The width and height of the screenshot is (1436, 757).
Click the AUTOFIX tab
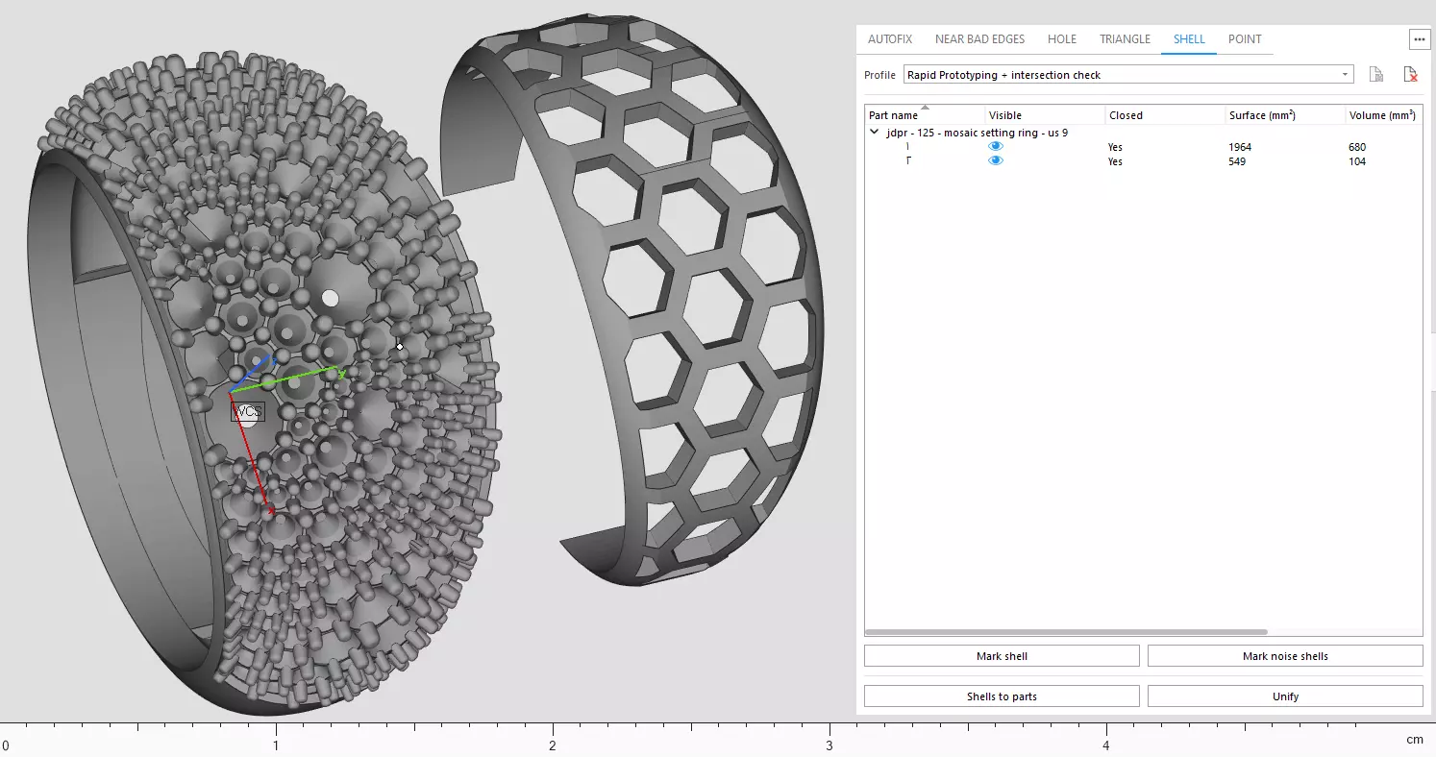pyautogui.click(x=889, y=39)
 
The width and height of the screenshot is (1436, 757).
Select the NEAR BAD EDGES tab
pyautogui.click(x=979, y=39)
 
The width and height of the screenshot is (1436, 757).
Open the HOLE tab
pyautogui.click(x=1061, y=39)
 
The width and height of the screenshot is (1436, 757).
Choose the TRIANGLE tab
pyautogui.click(x=1125, y=39)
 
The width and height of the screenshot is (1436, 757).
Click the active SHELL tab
pyautogui.click(x=1189, y=39)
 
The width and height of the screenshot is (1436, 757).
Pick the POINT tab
pyautogui.click(x=1245, y=39)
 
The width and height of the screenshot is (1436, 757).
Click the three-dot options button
pyautogui.click(x=1419, y=39)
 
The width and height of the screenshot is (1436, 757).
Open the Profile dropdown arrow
pyautogui.click(x=1345, y=75)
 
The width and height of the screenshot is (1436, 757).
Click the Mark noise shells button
pyautogui.click(x=1285, y=656)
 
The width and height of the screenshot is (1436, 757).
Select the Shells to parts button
pyautogui.click(x=1002, y=696)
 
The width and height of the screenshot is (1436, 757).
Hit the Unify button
pyautogui.click(x=1285, y=696)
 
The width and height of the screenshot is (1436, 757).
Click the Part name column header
pyautogui.click(x=893, y=115)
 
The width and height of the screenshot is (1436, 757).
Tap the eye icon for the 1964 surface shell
pyautogui.click(x=996, y=147)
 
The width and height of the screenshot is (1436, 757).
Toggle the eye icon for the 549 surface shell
pyautogui.click(x=996, y=161)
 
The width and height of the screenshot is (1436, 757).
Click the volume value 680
pyautogui.click(x=1357, y=147)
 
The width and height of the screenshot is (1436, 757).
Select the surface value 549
pyautogui.click(x=1237, y=161)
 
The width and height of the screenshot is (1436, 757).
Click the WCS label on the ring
pyautogui.click(x=248, y=412)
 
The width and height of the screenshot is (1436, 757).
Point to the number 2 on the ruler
pyautogui.click(x=553, y=745)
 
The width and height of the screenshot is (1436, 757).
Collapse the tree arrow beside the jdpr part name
pyautogui.click(x=874, y=133)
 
